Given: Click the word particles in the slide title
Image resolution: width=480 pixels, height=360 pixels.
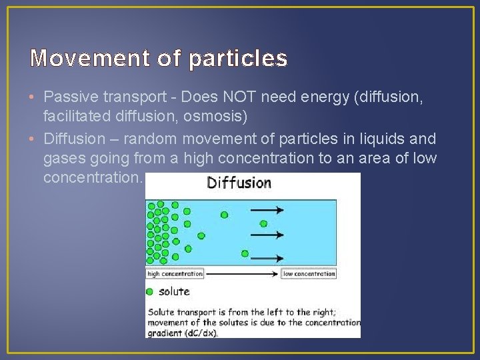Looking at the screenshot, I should pos(238,59).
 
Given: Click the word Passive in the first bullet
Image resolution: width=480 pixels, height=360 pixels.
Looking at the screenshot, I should pos(69,99).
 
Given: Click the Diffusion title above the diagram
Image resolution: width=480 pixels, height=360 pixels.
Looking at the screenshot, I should pos(239,183).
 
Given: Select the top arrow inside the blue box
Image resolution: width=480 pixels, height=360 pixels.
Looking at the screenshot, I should pos(267,209).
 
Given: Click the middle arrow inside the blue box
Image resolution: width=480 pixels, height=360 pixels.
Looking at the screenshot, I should pos(267,234).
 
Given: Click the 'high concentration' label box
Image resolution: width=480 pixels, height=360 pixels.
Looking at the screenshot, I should pos(175,274).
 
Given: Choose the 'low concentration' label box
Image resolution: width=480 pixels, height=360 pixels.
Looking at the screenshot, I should pos(309,274).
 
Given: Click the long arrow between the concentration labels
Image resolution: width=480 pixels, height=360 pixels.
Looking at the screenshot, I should pos(242,274).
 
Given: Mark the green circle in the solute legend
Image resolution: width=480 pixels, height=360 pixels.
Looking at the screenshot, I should pos(150,291).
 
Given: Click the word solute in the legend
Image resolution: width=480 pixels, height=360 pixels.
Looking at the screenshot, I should pos(174,291).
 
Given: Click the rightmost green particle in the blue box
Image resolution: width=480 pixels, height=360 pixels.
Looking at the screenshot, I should pos(245,253).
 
